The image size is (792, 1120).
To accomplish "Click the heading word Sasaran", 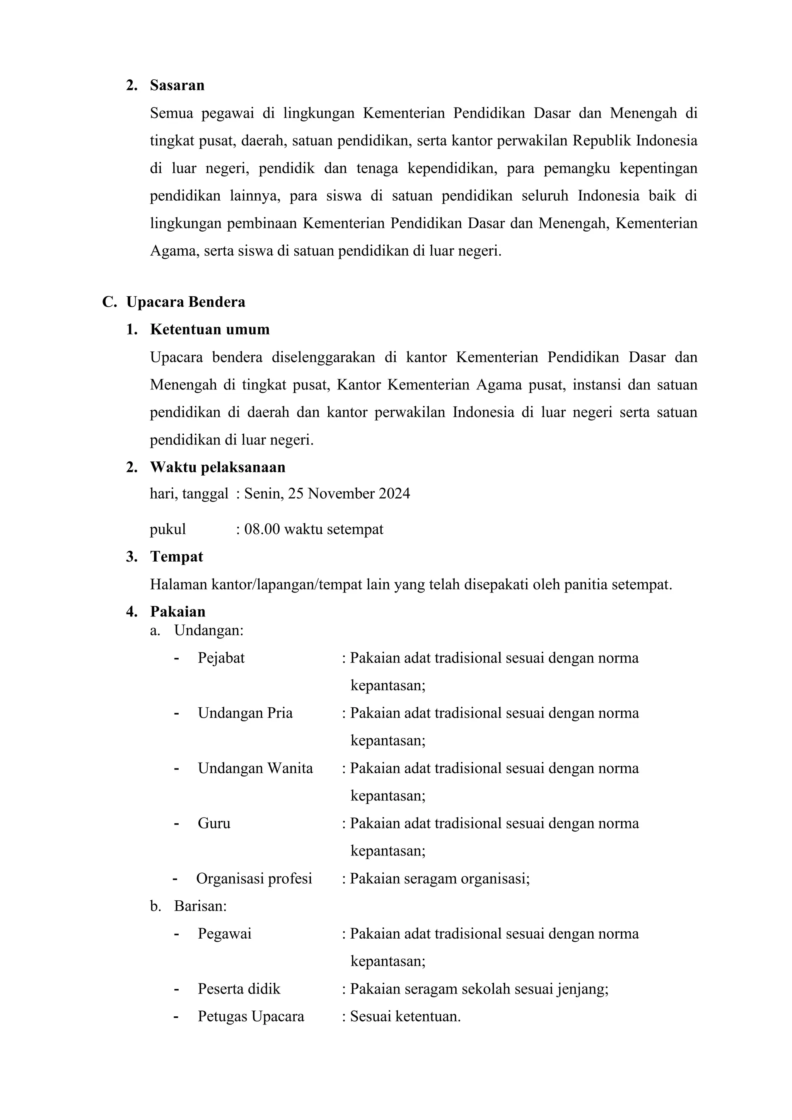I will [x=177, y=85].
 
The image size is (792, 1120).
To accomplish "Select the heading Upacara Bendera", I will [x=185, y=302].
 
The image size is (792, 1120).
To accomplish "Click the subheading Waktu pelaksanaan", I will [x=217, y=467].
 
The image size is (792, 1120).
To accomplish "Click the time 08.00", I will [x=262, y=529].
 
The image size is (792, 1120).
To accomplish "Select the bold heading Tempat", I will [x=177, y=557].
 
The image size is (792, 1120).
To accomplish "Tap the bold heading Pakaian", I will [x=178, y=612].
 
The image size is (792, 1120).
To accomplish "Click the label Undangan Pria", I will [x=245, y=713].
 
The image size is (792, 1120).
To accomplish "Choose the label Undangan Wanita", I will [x=255, y=768].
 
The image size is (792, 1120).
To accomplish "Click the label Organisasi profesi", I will [x=254, y=879].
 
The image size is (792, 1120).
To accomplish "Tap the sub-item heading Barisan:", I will [x=200, y=907].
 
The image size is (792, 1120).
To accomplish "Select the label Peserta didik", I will [x=239, y=989].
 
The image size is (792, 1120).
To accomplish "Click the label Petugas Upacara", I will [x=251, y=1017].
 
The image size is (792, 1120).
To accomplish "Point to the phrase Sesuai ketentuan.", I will [x=405, y=1017].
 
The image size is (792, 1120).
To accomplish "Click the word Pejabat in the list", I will [x=221, y=658].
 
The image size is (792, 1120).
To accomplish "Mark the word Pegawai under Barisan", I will [x=224, y=934].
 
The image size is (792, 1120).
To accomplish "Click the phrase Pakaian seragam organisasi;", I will [x=439, y=879].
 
